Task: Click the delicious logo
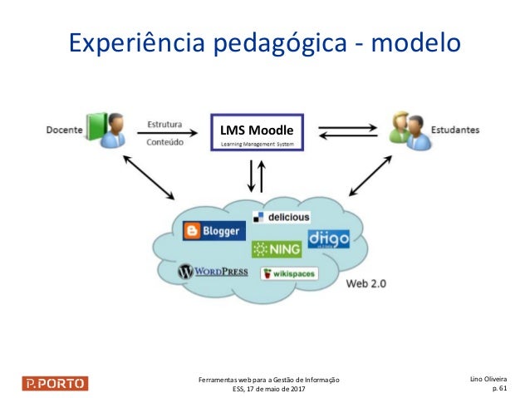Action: (x=282, y=217)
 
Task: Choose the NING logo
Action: (x=277, y=248)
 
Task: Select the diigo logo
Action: (x=328, y=239)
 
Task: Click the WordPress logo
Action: (x=212, y=271)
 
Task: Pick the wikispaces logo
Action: (x=288, y=273)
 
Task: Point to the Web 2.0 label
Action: (x=366, y=283)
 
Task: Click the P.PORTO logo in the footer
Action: (x=55, y=383)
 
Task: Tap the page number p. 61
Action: (x=501, y=387)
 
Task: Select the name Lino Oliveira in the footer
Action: (x=490, y=377)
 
